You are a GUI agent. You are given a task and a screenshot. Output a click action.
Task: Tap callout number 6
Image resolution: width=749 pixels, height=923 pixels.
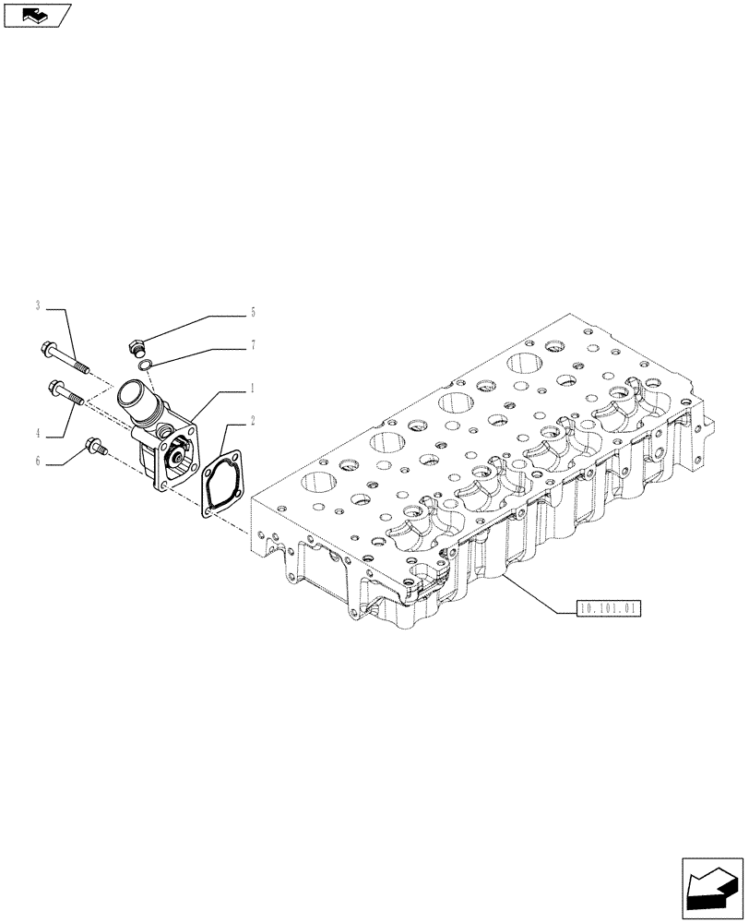[x=38, y=461]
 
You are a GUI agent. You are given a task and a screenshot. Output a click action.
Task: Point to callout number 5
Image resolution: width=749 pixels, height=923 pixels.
[x=252, y=313]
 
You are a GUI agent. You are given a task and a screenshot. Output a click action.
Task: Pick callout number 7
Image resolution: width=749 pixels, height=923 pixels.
[x=252, y=345]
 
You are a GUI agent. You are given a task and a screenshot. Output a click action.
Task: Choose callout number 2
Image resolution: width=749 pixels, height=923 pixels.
[x=252, y=420]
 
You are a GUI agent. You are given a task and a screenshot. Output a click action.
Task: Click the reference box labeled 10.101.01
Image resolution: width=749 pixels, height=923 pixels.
[x=608, y=608]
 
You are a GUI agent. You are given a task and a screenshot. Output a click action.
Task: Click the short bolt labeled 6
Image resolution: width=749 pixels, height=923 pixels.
[x=96, y=449]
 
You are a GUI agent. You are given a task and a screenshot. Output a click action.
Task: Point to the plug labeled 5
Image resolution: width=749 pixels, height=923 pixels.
[x=135, y=350]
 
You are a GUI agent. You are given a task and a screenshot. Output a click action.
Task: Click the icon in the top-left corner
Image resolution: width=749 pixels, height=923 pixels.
[x=37, y=15]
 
